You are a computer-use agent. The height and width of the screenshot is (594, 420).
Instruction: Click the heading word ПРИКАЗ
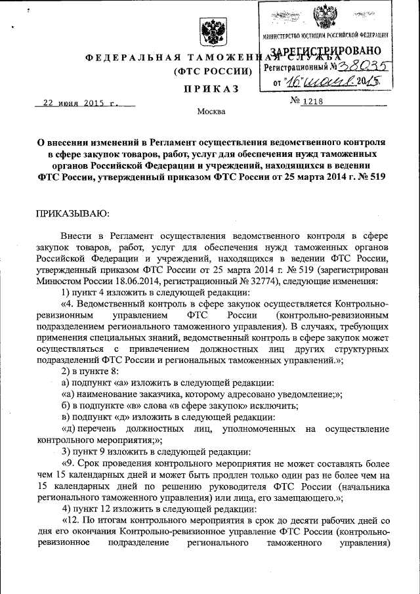(x=211, y=89)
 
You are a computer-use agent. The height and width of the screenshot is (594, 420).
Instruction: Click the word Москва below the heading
(x=211, y=112)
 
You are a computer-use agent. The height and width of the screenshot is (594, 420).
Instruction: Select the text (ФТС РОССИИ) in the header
(x=211, y=71)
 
